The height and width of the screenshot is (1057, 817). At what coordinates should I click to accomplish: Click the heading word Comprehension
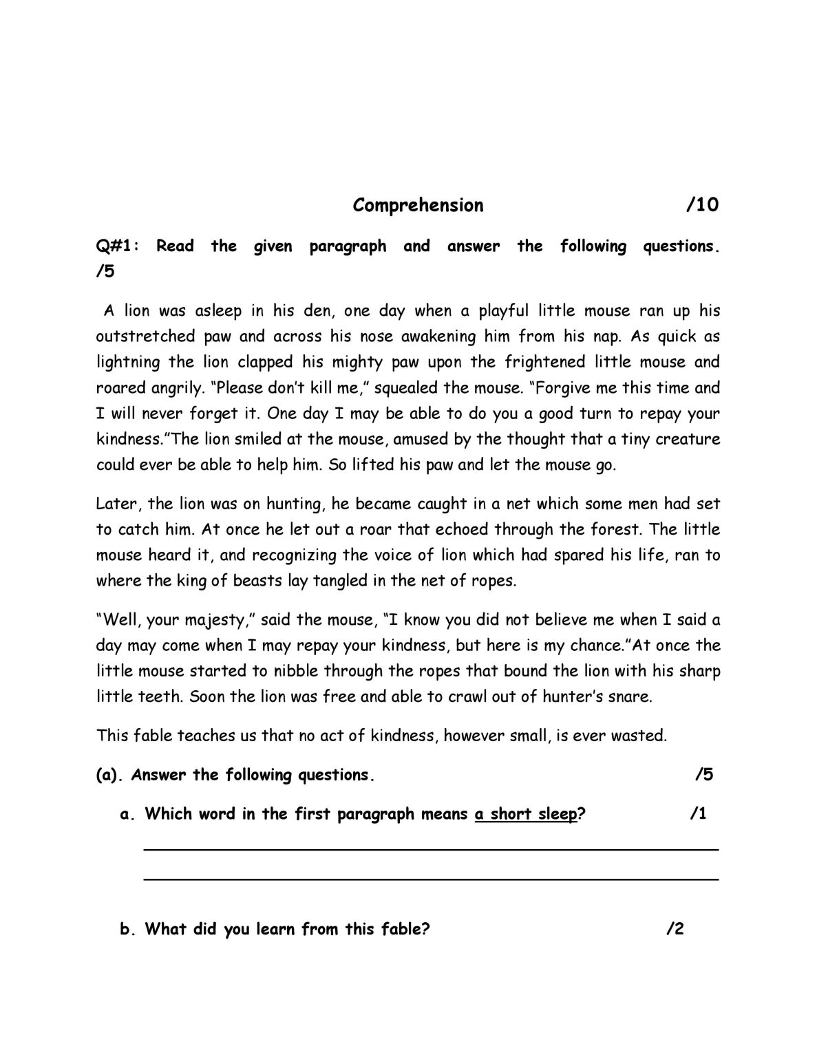click(x=418, y=205)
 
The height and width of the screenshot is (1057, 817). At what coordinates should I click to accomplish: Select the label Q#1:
click(x=117, y=246)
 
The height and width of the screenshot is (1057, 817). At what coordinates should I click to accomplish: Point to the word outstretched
click(x=142, y=337)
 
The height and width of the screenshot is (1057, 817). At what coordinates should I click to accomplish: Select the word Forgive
click(x=563, y=387)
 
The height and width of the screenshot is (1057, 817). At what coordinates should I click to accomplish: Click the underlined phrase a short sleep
click(x=526, y=814)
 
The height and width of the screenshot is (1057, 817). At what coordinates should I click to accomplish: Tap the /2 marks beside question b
click(x=675, y=930)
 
